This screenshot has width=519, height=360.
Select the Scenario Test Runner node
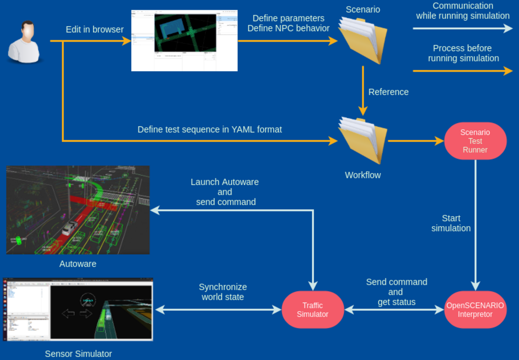475,141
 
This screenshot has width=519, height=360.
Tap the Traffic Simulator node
313,310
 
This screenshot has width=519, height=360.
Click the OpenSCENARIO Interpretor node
475,310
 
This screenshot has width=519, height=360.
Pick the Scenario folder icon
363,40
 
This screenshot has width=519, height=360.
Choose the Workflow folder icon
363,140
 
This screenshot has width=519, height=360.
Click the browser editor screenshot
184,41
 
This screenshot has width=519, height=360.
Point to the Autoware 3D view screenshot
78,210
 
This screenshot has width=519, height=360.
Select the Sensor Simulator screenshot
78,309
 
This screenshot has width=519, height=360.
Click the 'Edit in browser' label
95,30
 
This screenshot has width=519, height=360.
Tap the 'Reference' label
388,92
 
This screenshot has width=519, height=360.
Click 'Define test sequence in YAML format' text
210,129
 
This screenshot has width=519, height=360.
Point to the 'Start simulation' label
451,223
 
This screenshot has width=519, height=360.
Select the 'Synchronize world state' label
223,292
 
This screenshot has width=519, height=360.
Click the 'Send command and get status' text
396,292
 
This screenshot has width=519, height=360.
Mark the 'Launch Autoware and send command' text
225,192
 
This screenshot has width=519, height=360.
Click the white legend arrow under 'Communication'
462,28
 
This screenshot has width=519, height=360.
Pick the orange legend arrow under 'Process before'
462,71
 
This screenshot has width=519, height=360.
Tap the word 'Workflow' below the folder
363,175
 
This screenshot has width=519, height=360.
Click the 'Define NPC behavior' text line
288,28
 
